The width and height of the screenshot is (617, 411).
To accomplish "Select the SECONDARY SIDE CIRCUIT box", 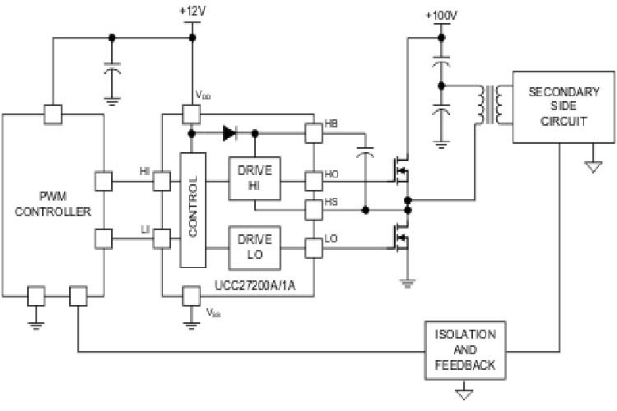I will [559, 106].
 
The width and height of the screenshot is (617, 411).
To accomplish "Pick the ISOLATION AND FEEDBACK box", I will [465, 349].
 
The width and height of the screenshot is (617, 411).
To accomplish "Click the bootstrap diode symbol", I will [228, 132].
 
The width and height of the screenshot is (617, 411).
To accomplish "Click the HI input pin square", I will [162, 178].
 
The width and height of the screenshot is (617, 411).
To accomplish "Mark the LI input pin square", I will [162, 239].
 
